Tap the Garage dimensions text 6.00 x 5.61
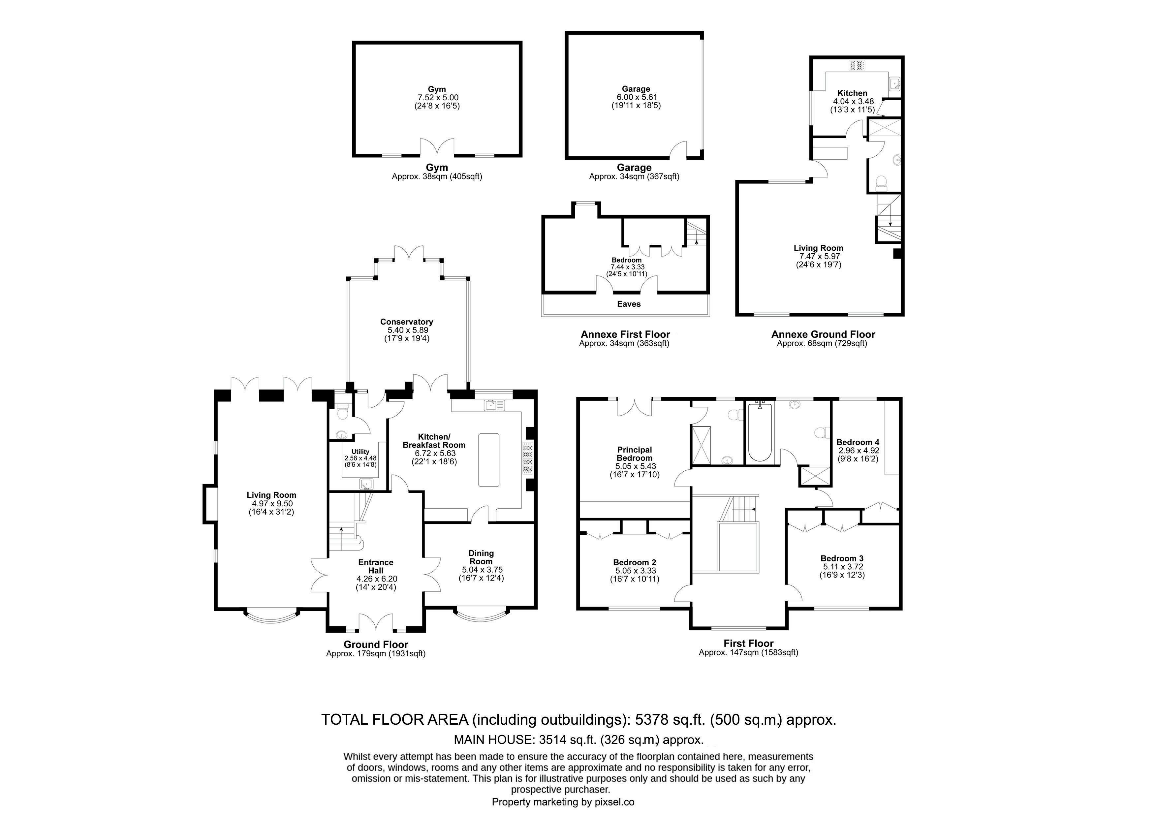(x=636, y=97)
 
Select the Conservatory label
(x=407, y=322)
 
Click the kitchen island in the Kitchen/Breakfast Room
(x=489, y=460)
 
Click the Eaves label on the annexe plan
(x=629, y=304)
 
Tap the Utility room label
(x=360, y=452)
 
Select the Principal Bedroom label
(x=635, y=454)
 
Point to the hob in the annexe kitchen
(x=857, y=65)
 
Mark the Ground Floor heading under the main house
(x=376, y=645)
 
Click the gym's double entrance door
(x=437, y=148)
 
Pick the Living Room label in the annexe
(x=818, y=248)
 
